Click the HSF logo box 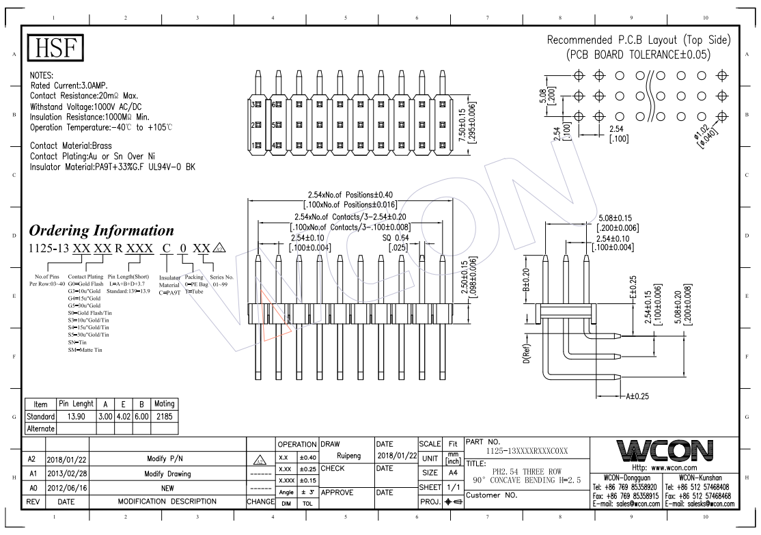tap(55, 48)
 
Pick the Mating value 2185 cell tap(165, 416)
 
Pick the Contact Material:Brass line tap(71, 146)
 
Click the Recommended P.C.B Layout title tap(639, 41)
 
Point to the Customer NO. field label tap(490, 495)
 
